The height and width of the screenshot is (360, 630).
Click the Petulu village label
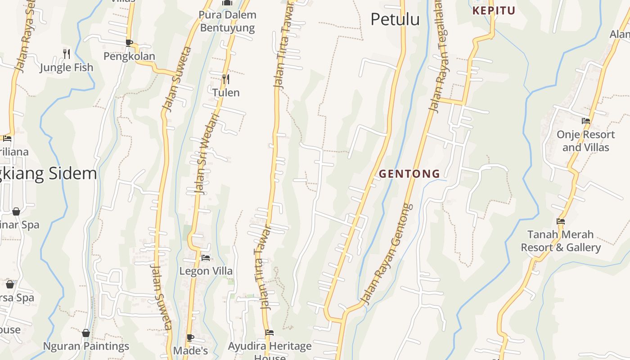coord(395,19)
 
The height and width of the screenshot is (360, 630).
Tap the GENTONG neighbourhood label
coord(409,174)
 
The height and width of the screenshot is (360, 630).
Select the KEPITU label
coord(494,11)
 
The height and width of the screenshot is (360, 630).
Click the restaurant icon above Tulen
coord(226,79)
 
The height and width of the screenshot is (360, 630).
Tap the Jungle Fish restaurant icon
coord(67,54)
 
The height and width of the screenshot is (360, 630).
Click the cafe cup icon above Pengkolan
coord(129,43)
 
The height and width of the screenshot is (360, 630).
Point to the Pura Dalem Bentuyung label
coord(228,21)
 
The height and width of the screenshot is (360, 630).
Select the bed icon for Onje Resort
coord(586,121)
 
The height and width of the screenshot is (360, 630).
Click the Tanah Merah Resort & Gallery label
coord(561,241)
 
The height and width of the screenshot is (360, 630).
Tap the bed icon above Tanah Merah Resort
coord(561,221)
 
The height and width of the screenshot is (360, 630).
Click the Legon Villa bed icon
coord(206,257)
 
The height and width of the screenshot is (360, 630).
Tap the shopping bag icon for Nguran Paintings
coord(86,333)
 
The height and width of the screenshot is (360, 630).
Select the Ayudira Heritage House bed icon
coord(270,333)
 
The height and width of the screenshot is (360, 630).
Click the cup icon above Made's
coord(190,337)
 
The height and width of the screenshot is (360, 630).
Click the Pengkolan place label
coord(129,56)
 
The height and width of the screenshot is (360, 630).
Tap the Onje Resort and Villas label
coord(585,141)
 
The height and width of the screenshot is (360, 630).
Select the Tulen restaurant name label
coord(226,93)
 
